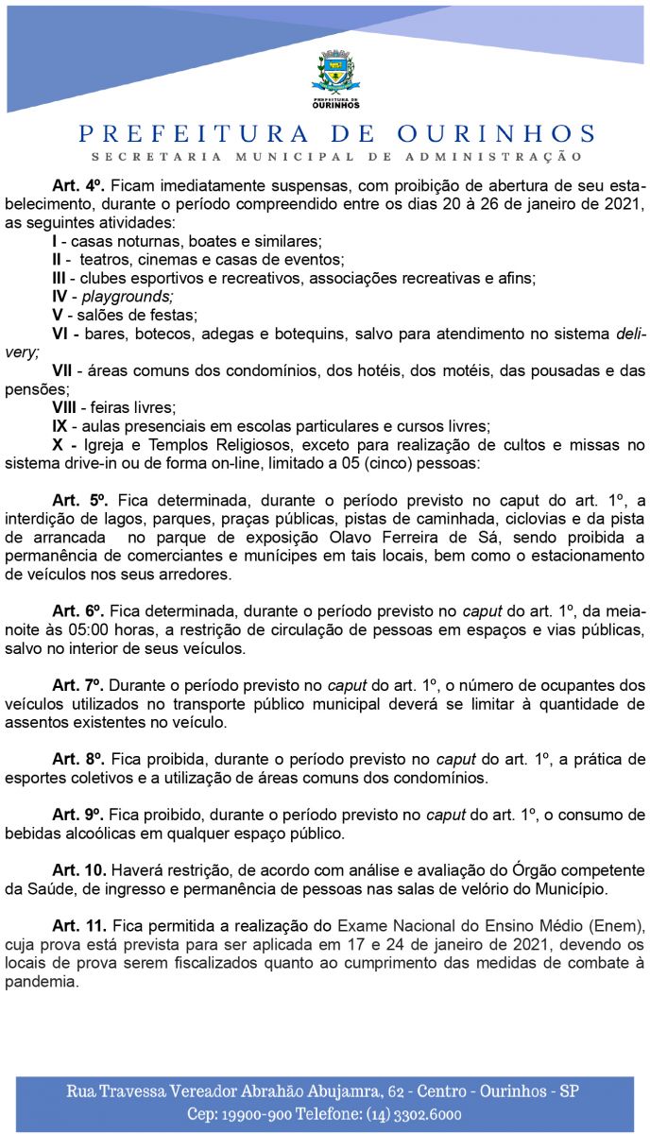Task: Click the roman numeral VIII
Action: [x=63, y=408]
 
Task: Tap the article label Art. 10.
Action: [x=79, y=869]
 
